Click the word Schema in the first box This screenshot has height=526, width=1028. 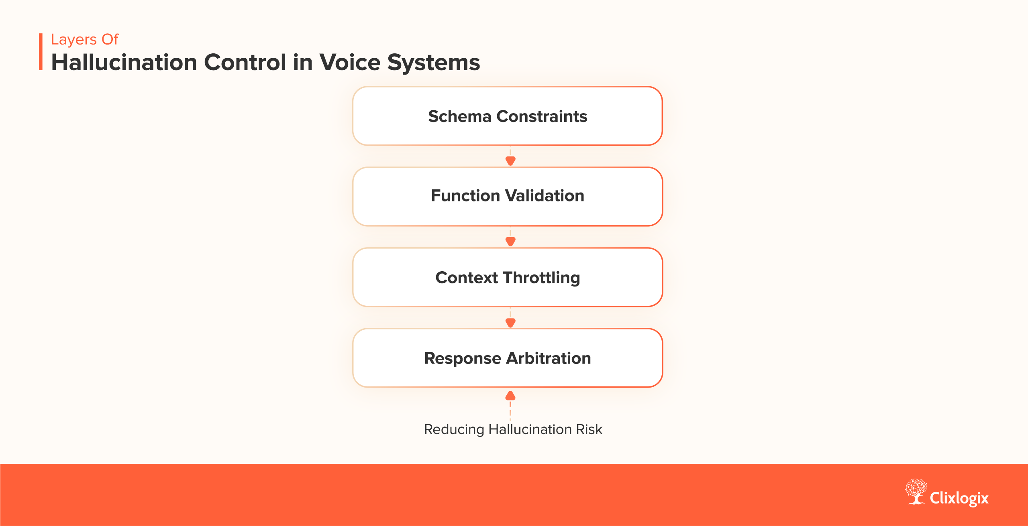pos(460,116)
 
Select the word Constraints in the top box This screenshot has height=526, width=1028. pos(542,116)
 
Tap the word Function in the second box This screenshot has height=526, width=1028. pos(465,196)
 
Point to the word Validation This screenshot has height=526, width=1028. pos(545,196)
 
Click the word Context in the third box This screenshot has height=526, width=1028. pos(467,278)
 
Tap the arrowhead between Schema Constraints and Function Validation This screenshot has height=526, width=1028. pos(510,161)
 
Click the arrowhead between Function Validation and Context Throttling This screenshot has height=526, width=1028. pos(510,242)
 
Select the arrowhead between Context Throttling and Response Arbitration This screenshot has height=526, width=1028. pos(510,323)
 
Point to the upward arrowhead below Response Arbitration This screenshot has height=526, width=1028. pos(510,396)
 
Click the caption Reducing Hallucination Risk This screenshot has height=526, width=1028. pos(513,430)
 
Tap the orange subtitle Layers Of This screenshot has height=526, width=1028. pos(85,40)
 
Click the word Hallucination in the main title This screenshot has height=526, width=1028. pos(124,63)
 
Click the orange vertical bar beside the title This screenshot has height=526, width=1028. pos(41,52)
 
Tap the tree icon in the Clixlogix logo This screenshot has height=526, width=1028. pos(916,491)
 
